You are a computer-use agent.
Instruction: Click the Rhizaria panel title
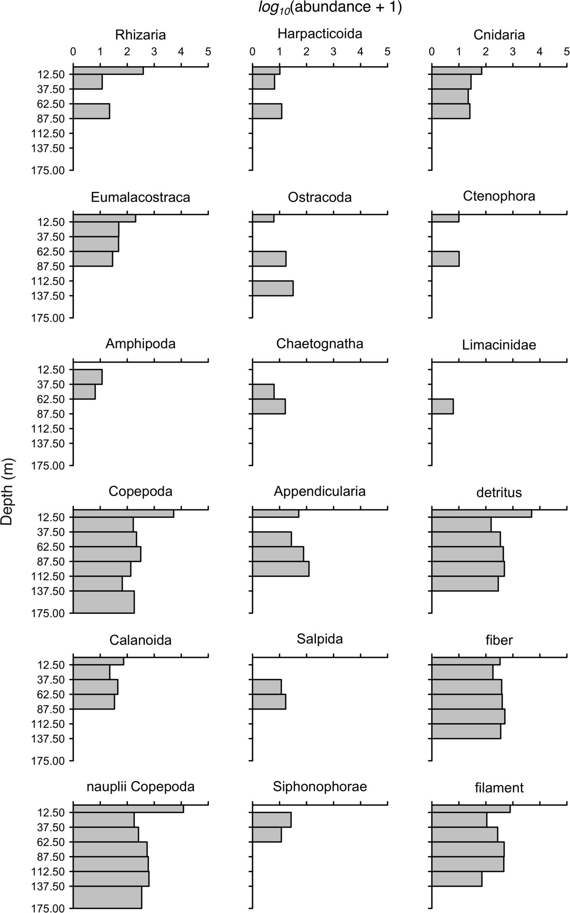pyautogui.click(x=140, y=35)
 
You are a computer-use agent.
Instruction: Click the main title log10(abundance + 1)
pyautogui.click(x=330, y=8)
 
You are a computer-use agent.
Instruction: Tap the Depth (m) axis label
pyautogui.click(x=7, y=491)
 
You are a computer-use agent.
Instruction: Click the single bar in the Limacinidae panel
pyautogui.click(x=442, y=406)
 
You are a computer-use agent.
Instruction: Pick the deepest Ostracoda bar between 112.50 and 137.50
pyautogui.click(x=272, y=288)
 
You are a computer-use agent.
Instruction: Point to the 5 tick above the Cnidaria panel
pyautogui.click(x=566, y=51)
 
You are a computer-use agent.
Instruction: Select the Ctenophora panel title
pyautogui.click(x=499, y=196)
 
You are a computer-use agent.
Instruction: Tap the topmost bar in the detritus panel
pyautogui.click(x=481, y=513)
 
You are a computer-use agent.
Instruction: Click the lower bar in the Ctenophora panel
pyautogui.click(x=445, y=259)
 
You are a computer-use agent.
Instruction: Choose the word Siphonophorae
pyautogui.click(x=320, y=786)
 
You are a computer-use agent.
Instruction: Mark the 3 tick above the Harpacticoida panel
pyautogui.click(x=333, y=51)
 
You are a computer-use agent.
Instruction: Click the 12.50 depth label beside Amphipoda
pyautogui.click(x=51, y=370)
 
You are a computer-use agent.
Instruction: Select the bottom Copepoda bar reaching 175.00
pyautogui.click(x=103, y=602)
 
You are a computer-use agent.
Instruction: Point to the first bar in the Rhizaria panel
pyautogui.click(x=108, y=71)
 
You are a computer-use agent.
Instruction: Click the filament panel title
pyautogui.click(x=499, y=787)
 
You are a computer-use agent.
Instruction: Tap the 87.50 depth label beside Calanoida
pyautogui.click(x=51, y=709)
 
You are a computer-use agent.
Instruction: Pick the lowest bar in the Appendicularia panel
pyautogui.click(x=280, y=569)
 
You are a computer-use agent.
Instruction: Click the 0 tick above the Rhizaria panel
pyautogui.click(x=73, y=51)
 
